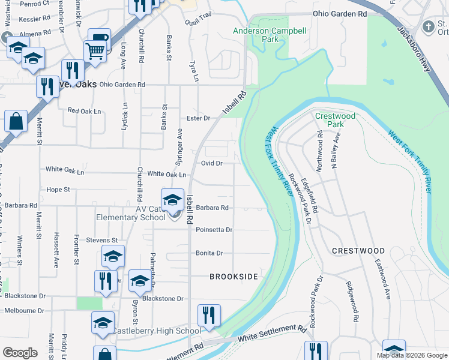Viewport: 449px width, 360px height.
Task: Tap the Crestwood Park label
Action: (x=336, y=120)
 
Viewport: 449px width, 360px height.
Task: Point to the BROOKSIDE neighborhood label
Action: (x=234, y=277)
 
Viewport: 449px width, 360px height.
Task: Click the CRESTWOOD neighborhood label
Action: (x=358, y=250)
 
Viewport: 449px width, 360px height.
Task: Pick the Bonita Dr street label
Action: (x=209, y=253)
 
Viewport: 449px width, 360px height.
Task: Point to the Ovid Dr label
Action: (x=212, y=163)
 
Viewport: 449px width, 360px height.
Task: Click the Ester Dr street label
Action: (x=198, y=118)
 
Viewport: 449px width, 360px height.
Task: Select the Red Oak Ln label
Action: (x=82, y=110)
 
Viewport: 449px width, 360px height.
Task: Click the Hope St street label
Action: (x=58, y=190)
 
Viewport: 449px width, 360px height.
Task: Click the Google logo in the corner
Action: (x=20, y=353)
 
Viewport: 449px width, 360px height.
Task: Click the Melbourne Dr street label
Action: (x=25, y=311)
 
